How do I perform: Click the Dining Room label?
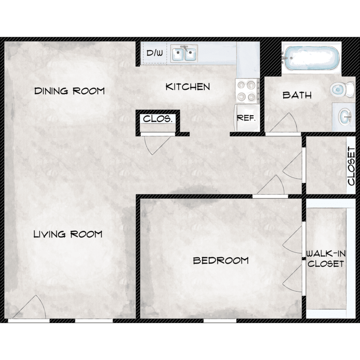[x=69, y=91]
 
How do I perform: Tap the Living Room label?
[x=68, y=234]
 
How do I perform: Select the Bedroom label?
[x=221, y=260]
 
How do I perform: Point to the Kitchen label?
[x=188, y=87]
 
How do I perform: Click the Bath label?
[x=297, y=95]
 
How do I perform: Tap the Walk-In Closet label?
[x=326, y=259]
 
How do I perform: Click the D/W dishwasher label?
[x=155, y=53]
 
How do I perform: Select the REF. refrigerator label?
[x=246, y=118]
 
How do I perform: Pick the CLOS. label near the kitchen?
[x=157, y=119]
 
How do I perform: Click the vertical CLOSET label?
[x=351, y=166]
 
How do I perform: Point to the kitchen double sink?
[x=184, y=53]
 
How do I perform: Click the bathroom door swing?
[x=284, y=123]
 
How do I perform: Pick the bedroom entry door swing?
[x=271, y=185]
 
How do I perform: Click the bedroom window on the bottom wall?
[x=220, y=321]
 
